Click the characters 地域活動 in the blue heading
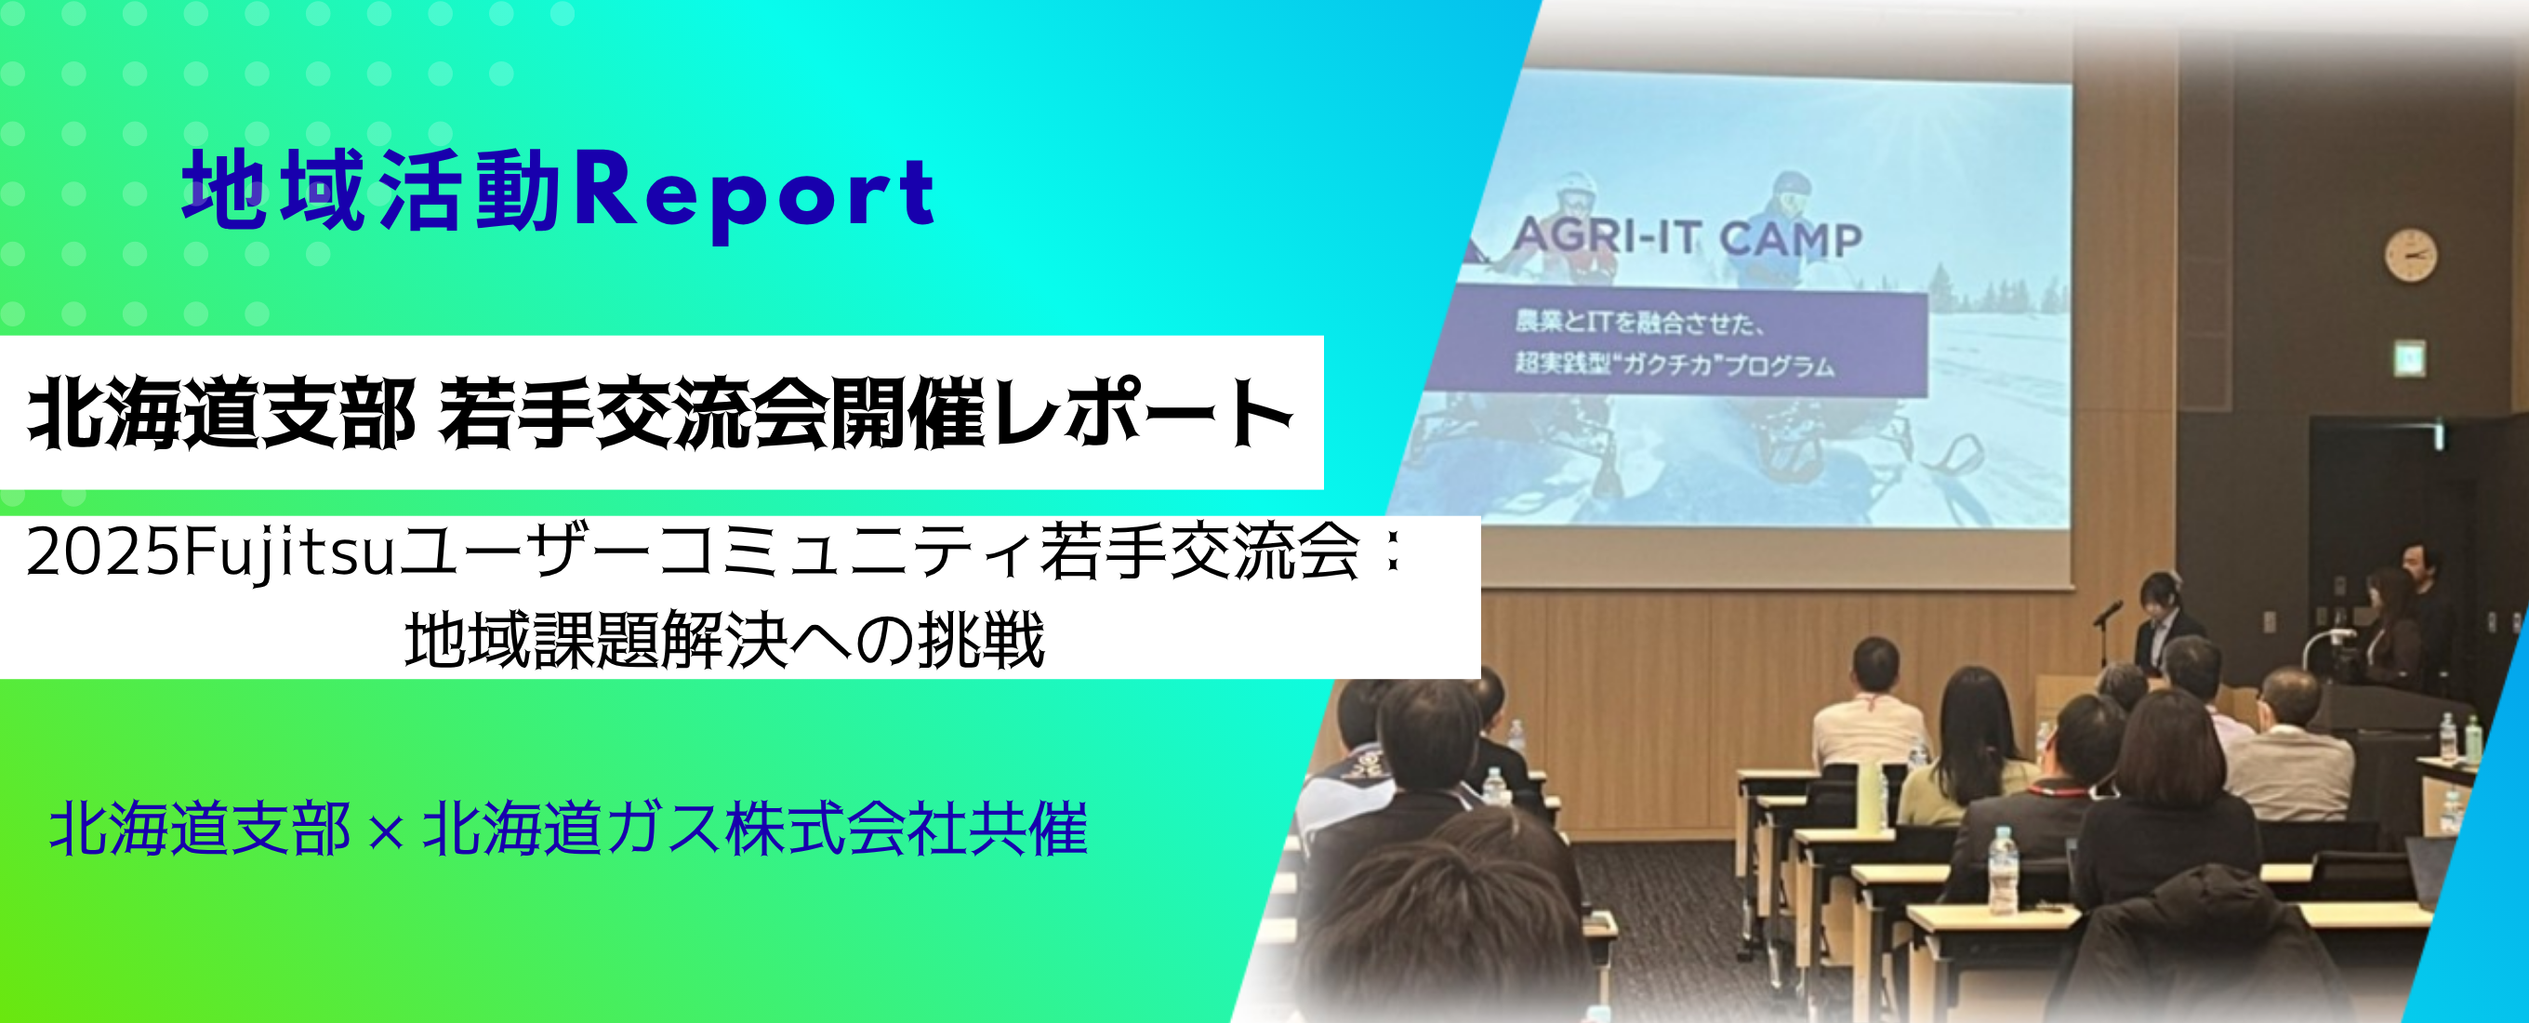click(x=371, y=191)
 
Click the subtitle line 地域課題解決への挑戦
click(x=724, y=640)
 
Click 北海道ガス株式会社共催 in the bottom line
click(x=754, y=830)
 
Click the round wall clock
click(x=2410, y=255)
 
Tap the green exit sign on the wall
click(x=2409, y=358)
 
